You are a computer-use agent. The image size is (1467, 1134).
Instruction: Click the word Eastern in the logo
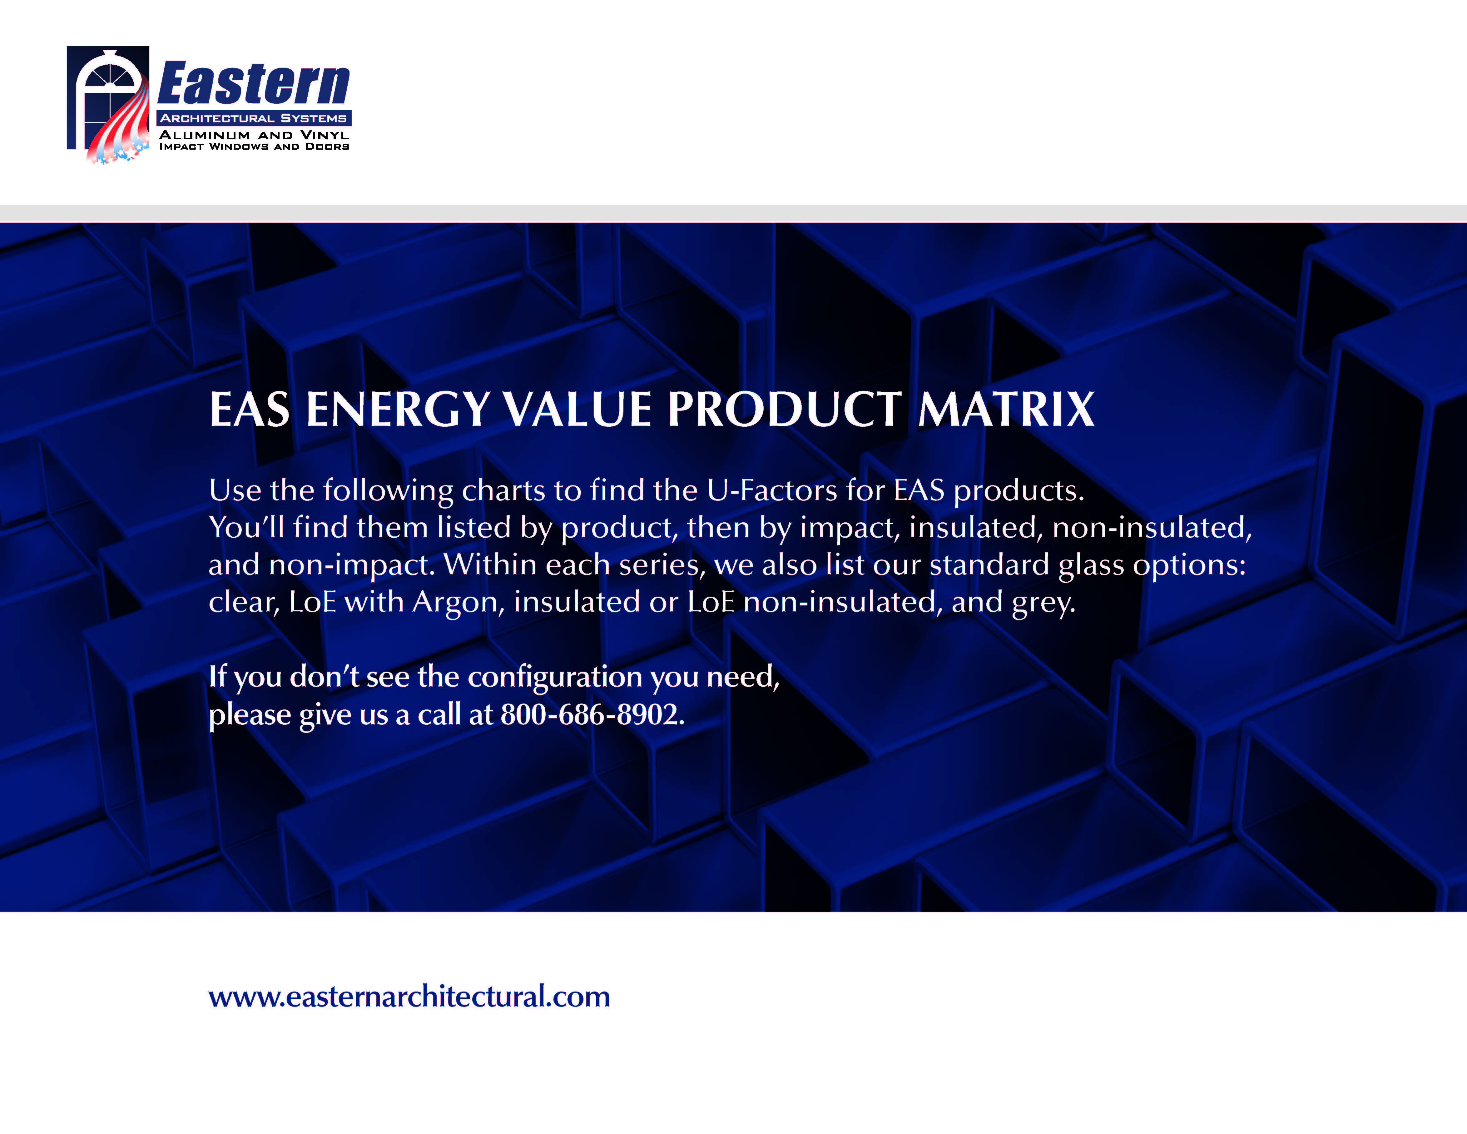click(x=254, y=84)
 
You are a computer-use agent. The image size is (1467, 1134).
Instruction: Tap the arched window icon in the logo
click(x=107, y=101)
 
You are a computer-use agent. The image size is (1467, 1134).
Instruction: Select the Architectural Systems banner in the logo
click(x=254, y=118)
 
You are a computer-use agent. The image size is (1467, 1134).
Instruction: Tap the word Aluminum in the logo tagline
click(x=204, y=135)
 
